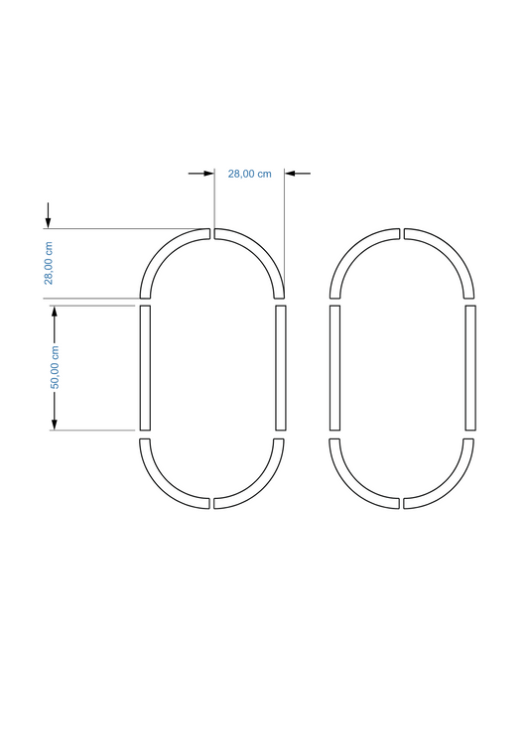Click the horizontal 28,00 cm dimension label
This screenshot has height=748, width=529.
pos(249,174)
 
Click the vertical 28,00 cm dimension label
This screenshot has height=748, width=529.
pos(49,263)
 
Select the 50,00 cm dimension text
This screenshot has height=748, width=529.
pos(55,367)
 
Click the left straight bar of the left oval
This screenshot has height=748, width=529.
pos(145,368)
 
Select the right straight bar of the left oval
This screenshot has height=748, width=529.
pos(281,368)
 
